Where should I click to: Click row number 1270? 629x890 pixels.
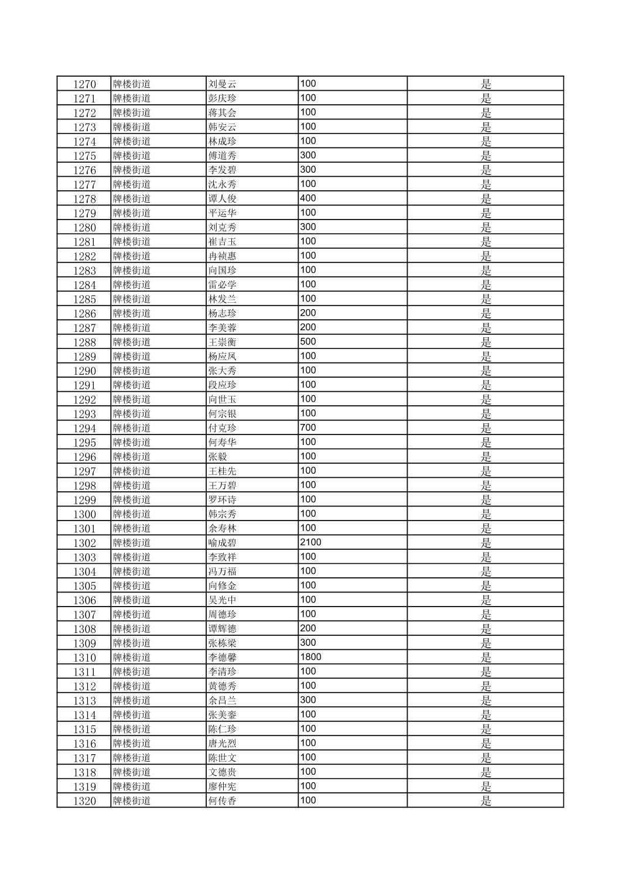tap(84, 84)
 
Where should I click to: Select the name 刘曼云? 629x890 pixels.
tap(222, 84)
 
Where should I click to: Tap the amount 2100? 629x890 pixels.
tap(310, 542)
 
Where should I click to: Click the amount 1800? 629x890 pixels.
tap(310, 657)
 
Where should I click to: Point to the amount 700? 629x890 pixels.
tap(308, 428)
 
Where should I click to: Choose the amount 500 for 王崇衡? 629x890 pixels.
tap(308, 342)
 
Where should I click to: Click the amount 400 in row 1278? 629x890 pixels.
tap(308, 198)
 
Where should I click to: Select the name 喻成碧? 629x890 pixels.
tap(222, 543)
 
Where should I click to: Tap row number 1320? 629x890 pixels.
tap(84, 801)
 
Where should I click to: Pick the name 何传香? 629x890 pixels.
tap(222, 801)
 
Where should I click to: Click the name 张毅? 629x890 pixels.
tap(217, 457)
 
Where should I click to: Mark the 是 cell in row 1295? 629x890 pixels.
tap(486, 443)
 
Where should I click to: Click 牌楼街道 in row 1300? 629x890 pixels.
tap(132, 514)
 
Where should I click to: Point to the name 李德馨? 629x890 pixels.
tap(222, 658)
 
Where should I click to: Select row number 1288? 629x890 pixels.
tap(84, 342)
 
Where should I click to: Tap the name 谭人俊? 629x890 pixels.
tap(222, 198)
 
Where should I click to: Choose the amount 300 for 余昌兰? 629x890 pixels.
tap(308, 700)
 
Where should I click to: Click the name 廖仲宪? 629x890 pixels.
tap(222, 786)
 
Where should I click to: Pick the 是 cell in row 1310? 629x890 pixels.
tap(486, 658)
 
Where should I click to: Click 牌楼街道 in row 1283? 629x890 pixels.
tap(132, 271)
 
